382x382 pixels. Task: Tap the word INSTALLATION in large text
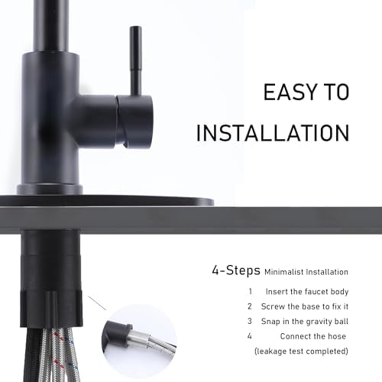(273, 132)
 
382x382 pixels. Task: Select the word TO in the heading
(334, 92)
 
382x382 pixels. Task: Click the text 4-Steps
(235, 270)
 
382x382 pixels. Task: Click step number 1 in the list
(250, 291)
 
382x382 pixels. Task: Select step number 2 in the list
(250, 306)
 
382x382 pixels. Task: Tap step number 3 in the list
(250, 320)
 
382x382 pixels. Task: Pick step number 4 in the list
(250, 335)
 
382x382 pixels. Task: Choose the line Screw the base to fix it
(303, 306)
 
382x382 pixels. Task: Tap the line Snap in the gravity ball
(303, 321)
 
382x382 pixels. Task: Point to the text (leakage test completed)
(300, 351)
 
